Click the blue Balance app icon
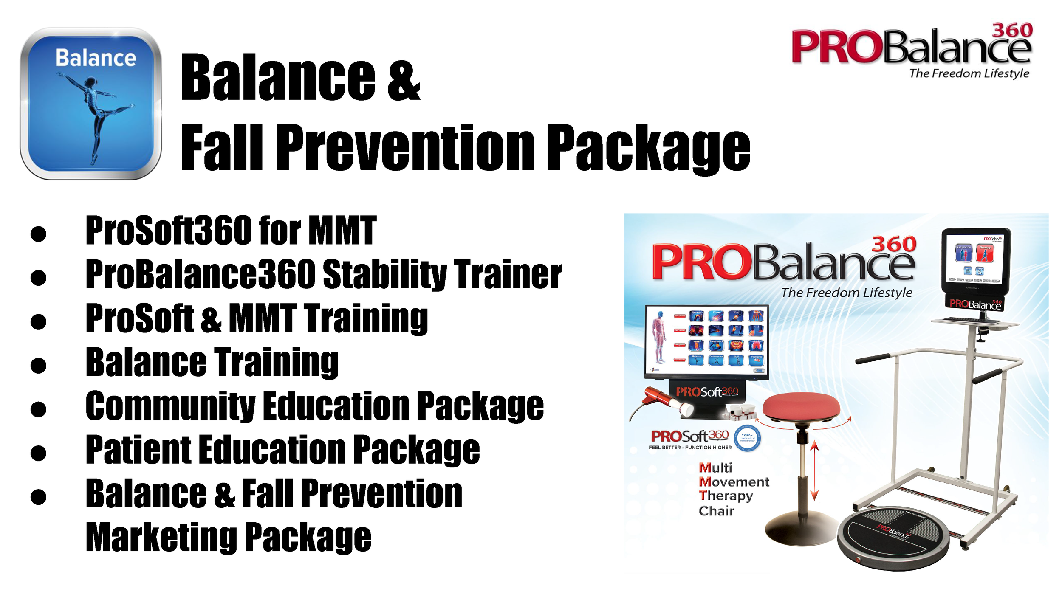coord(90,104)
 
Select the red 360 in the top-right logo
coord(1012,30)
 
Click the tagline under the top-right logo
coord(969,73)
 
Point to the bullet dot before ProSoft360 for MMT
coord(38,234)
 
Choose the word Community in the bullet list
coord(170,406)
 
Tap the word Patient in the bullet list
coord(138,450)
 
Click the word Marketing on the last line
coord(161,538)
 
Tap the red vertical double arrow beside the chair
coord(814,470)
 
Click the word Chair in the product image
coord(716,511)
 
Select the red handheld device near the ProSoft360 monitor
coord(663,399)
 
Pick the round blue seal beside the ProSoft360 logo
coord(747,438)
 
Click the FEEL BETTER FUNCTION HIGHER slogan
coord(690,448)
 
